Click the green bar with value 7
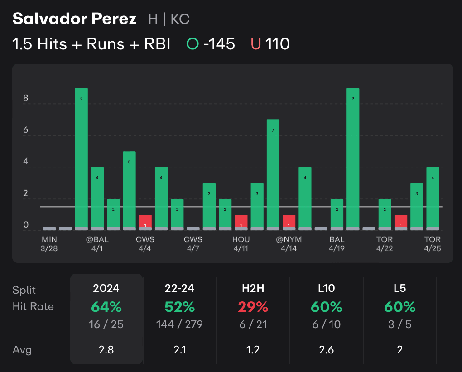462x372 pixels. point(273,174)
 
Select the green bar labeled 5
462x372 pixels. point(129,190)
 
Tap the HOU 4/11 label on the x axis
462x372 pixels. point(241,243)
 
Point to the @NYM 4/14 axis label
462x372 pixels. point(289,243)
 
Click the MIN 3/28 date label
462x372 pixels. point(49,243)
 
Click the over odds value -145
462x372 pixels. point(219,44)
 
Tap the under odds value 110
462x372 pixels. point(277,44)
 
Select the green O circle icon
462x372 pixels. point(193,44)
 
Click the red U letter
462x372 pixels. point(256,44)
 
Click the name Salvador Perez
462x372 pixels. point(74,19)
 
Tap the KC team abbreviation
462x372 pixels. point(180,19)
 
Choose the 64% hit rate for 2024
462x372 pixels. point(106,307)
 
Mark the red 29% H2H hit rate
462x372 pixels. point(253,307)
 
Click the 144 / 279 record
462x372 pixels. point(179,324)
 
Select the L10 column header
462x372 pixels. point(326,288)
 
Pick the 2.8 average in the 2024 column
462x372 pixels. point(106,350)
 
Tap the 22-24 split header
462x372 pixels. point(179,288)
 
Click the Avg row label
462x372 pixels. point(22,350)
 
